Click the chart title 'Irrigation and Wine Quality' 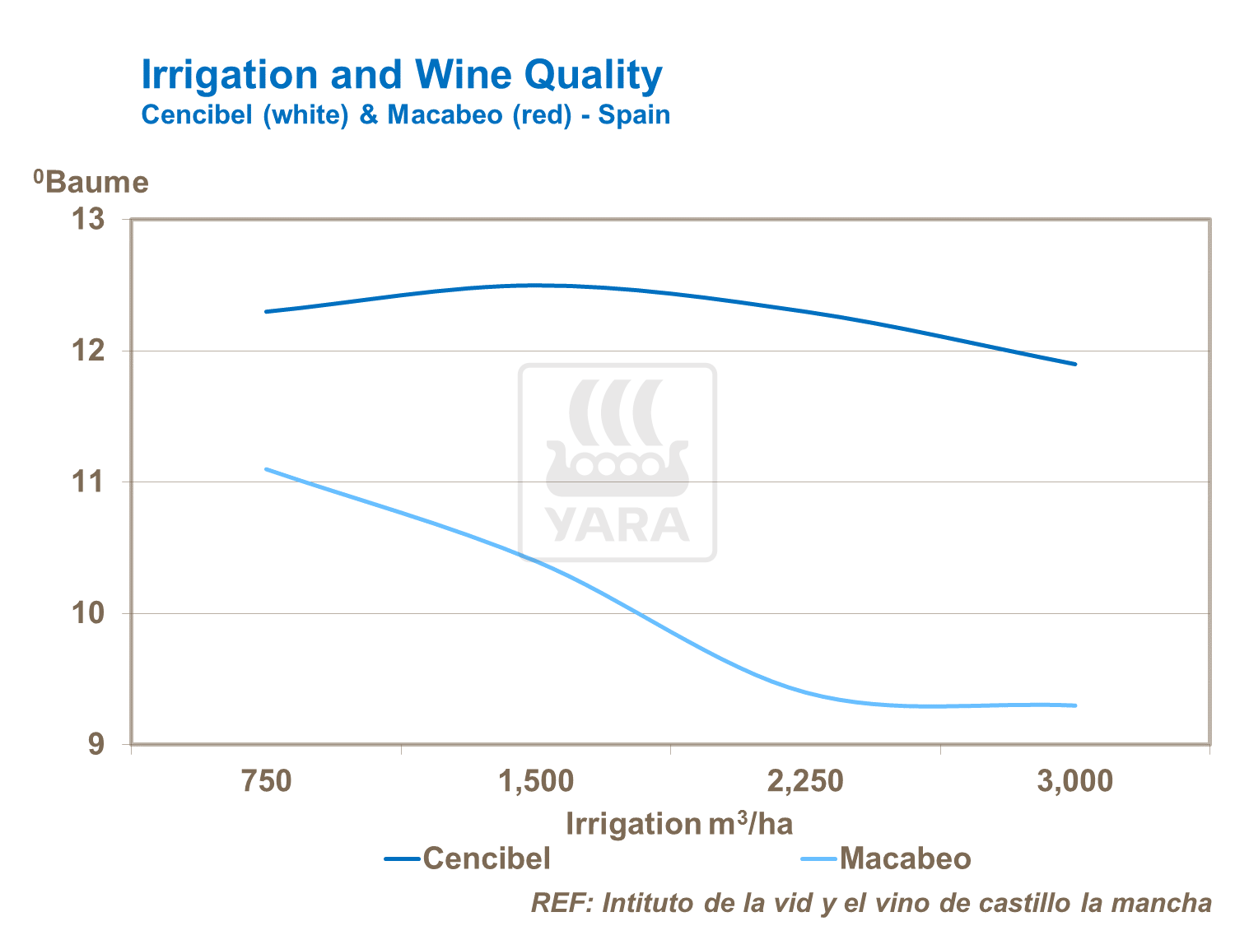401,75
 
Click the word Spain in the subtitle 634,114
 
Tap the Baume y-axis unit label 92,182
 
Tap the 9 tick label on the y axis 98,745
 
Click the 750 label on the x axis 267,781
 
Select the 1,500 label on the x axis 536,781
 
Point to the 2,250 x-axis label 805,781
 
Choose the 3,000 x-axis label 1074,781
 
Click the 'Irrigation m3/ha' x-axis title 679,823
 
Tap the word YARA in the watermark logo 617,525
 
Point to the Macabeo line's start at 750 267,469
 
